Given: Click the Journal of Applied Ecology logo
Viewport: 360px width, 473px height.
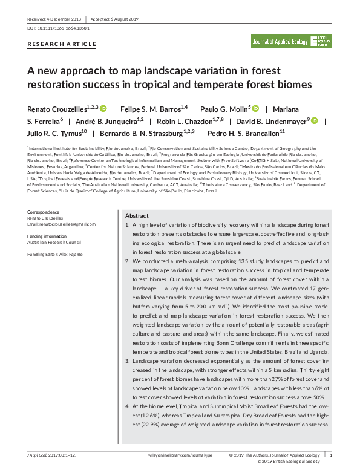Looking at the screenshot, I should (292, 41).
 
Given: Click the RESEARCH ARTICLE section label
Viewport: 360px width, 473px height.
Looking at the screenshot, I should (62, 44).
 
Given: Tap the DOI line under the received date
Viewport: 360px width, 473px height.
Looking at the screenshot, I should (59, 28).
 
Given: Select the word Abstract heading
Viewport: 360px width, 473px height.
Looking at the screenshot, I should (137, 216).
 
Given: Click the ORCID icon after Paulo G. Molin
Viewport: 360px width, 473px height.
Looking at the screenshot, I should (255, 108).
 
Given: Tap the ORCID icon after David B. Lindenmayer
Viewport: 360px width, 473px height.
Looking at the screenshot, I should (315, 120).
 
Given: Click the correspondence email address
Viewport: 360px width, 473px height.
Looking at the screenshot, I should (62, 224).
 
